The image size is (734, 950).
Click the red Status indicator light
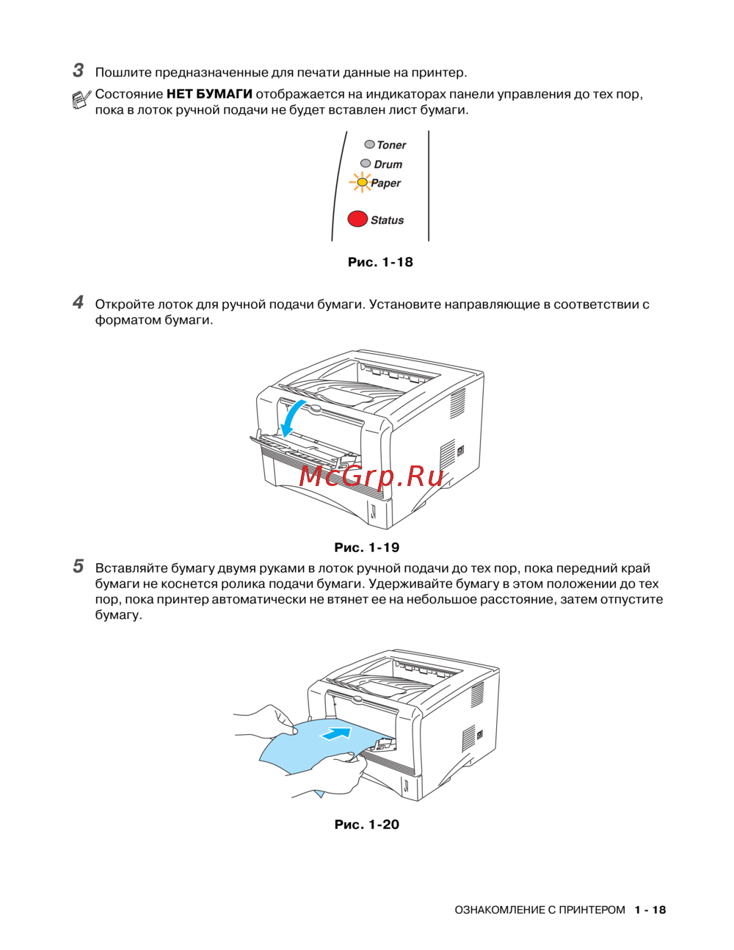pyautogui.click(x=357, y=219)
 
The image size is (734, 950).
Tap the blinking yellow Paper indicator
pyautogui.click(x=361, y=182)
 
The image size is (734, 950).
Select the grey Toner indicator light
pyautogui.click(x=369, y=144)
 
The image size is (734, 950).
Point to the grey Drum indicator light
pyautogui.click(x=366, y=164)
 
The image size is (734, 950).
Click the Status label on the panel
pyautogui.click(x=387, y=220)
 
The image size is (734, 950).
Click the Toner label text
pyautogui.click(x=391, y=145)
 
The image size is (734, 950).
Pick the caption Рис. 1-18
pyautogui.click(x=380, y=262)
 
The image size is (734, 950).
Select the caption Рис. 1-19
pyautogui.click(x=366, y=547)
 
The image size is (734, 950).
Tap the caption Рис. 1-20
pyautogui.click(x=366, y=824)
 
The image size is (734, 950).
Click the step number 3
pyautogui.click(x=79, y=71)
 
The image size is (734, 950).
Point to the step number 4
pyautogui.click(x=79, y=302)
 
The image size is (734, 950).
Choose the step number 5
pyautogui.click(x=79, y=566)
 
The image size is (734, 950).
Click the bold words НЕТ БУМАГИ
pyautogui.click(x=209, y=94)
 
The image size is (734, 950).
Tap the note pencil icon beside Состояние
pyautogui.click(x=81, y=100)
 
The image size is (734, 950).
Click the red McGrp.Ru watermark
pyautogui.click(x=371, y=476)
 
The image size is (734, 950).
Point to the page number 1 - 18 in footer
pyautogui.click(x=650, y=910)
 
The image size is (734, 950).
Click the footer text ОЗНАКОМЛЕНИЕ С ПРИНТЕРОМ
pyautogui.click(x=539, y=910)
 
